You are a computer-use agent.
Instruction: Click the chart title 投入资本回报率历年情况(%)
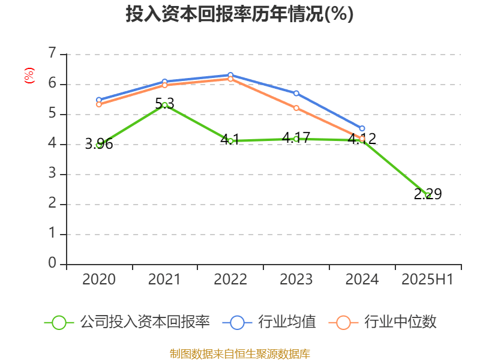coord(239,14)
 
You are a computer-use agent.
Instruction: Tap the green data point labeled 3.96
coord(99,145)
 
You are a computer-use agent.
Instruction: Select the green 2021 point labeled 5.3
coord(165,105)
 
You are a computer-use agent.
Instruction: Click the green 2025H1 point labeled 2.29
coord(428,195)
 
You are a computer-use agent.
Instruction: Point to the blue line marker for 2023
coord(296,93)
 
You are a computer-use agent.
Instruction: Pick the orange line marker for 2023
coord(296,108)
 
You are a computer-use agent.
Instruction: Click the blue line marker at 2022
coord(230,75)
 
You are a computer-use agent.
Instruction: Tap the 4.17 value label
coord(296,137)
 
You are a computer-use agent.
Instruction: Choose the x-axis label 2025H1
coord(428,280)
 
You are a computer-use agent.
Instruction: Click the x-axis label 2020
coord(99,280)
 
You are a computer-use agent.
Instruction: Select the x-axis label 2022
coord(230,280)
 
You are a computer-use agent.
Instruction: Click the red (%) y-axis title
coord(29,76)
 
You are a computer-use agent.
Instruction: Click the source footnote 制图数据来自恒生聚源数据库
coord(239,353)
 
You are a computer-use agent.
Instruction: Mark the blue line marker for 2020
coord(99,100)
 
